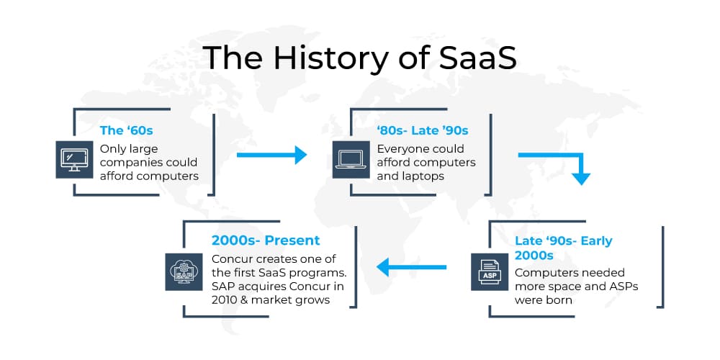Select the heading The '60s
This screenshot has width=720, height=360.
126,130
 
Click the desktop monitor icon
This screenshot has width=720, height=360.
74,159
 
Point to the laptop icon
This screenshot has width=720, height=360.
351,159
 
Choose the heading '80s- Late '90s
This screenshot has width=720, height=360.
423,130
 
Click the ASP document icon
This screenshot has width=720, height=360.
490,272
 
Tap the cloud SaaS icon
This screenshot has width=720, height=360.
184,272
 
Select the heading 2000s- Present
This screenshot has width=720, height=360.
266,240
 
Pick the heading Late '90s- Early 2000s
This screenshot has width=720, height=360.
564,248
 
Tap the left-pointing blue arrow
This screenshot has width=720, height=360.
411,267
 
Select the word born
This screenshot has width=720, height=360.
559,300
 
